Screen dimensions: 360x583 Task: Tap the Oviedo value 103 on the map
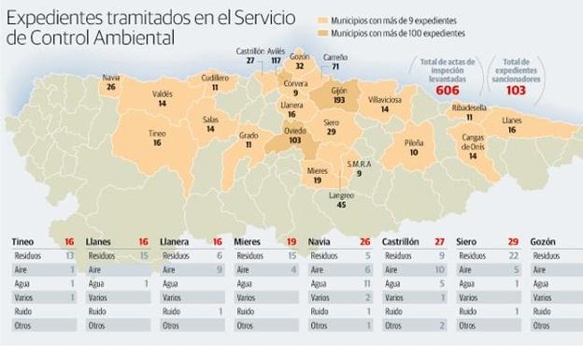pos(295,139)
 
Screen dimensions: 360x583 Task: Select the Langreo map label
pos(341,194)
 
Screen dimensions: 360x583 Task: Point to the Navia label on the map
pos(111,77)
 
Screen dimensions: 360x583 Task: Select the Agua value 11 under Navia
pos(369,282)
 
